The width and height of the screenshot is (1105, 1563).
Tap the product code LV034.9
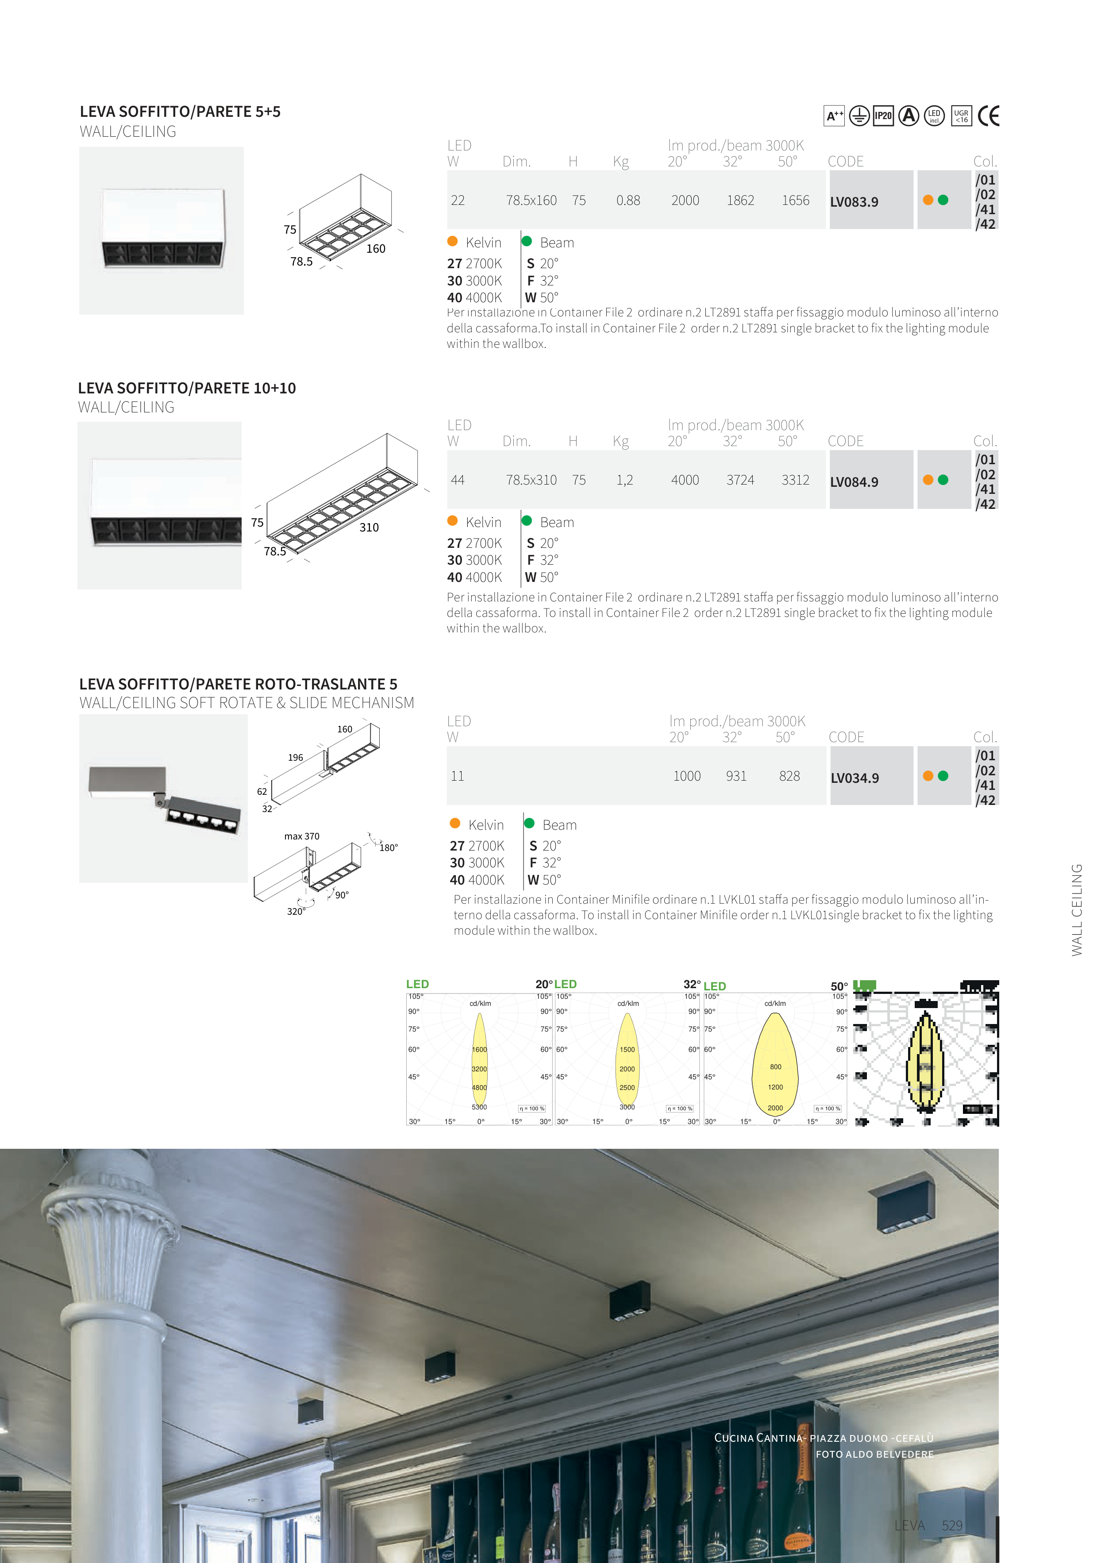(x=855, y=778)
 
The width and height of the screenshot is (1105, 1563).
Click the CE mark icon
(x=988, y=116)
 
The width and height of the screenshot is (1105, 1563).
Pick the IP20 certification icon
(x=883, y=116)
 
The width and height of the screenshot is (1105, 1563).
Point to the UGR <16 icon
(x=961, y=116)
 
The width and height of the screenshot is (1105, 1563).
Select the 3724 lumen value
(x=740, y=481)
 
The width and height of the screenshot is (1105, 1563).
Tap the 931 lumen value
(x=736, y=777)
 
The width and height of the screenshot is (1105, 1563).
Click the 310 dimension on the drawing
(x=369, y=527)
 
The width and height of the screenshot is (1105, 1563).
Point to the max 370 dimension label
(x=302, y=837)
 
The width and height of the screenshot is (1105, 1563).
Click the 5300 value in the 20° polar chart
(x=479, y=1107)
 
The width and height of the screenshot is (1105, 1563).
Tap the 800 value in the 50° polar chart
(x=775, y=1067)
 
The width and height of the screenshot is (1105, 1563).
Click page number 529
(x=952, y=1525)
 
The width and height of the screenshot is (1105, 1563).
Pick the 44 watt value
(x=458, y=481)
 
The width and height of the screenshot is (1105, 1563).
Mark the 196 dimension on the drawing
(x=296, y=758)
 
